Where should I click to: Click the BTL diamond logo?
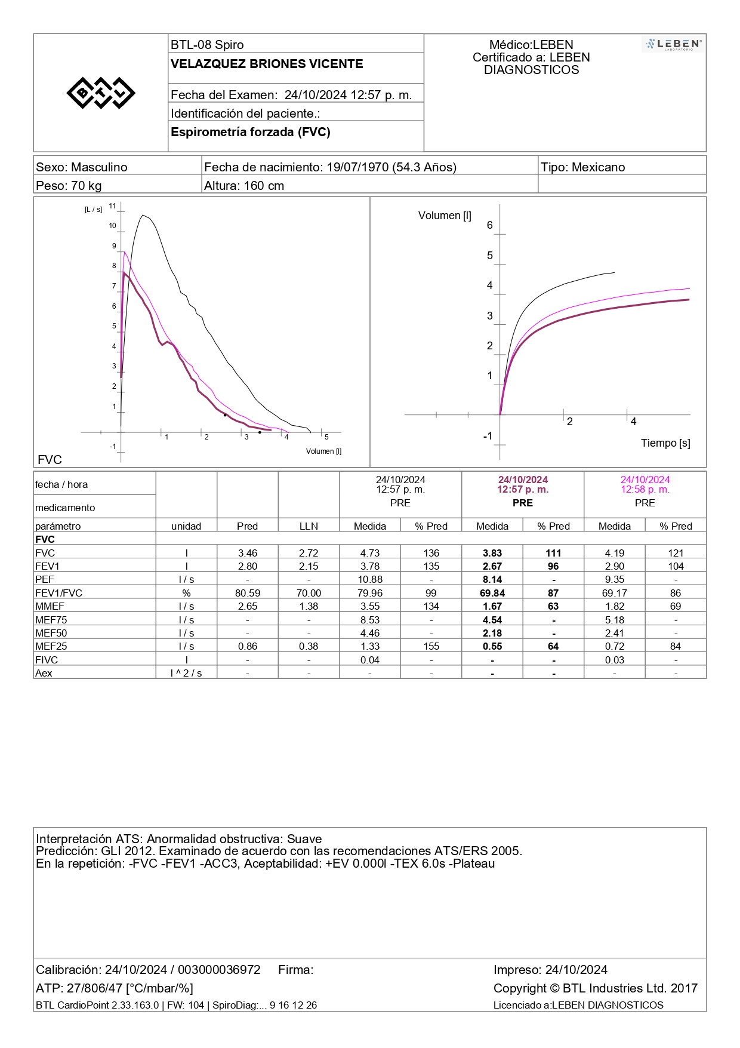point(101,93)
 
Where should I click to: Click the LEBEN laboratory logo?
point(674,44)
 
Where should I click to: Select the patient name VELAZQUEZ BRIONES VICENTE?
point(267,64)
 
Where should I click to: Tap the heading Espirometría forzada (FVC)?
point(251,132)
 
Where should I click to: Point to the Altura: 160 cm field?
point(244,186)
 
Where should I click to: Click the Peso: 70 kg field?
point(69,186)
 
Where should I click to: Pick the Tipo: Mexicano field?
point(582,167)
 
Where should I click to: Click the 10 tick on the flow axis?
point(112,226)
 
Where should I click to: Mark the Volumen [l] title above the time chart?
point(445,216)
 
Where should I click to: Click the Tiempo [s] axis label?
point(665,443)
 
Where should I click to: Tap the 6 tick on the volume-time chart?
point(490,225)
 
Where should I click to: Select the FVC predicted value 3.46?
point(248,554)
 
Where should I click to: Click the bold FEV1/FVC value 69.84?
point(492,593)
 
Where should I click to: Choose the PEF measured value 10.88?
point(370,580)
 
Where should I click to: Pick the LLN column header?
point(309,526)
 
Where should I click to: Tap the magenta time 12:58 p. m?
point(645,490)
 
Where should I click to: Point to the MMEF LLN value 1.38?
point(309,606)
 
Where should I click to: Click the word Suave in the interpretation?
point(304,839)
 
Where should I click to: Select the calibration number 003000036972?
point(219,970)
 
